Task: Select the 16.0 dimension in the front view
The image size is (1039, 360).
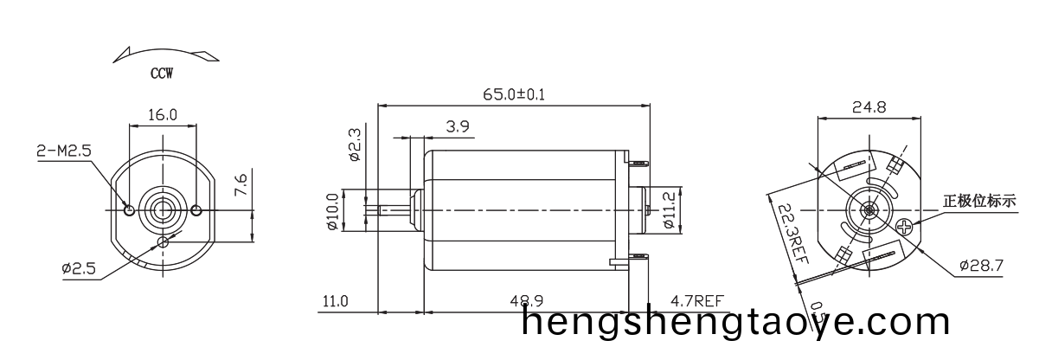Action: click(163, 114)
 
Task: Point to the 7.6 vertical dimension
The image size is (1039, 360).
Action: click(242, 184)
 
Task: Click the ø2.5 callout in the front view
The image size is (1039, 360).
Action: click(78, 268)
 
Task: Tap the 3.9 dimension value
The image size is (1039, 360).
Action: click(459, 126)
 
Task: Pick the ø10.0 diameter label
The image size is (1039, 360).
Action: click(332, 210)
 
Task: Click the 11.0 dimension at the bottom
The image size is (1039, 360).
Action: click(335, 301)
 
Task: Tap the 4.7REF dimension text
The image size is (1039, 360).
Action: click(696, 301)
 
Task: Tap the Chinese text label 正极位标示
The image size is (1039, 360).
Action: click(979, 202)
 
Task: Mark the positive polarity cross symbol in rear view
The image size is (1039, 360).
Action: click(905, 227)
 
